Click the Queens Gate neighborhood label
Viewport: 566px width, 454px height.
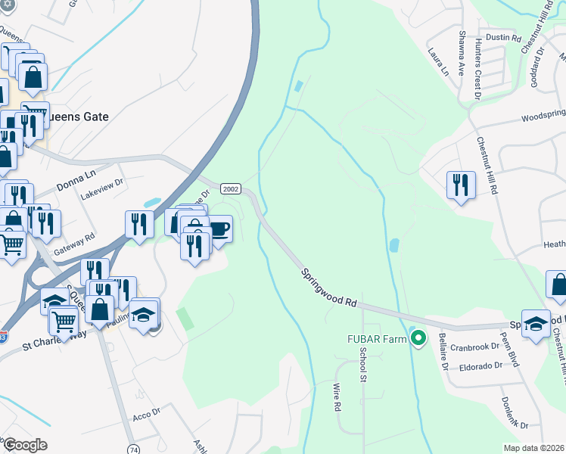point(77,117)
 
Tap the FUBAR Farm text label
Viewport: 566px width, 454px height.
point(375,338)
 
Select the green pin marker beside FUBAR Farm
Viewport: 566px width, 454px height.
point(417,338)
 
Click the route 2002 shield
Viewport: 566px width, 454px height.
point(231,188)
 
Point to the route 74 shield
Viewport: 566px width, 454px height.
point(133,448)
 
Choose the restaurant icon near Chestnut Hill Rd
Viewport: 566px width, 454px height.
point(461,184)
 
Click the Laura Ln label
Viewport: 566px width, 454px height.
point(438,61)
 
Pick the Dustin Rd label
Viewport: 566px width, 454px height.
point(505,37)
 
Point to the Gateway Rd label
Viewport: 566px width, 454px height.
point(79,237)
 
